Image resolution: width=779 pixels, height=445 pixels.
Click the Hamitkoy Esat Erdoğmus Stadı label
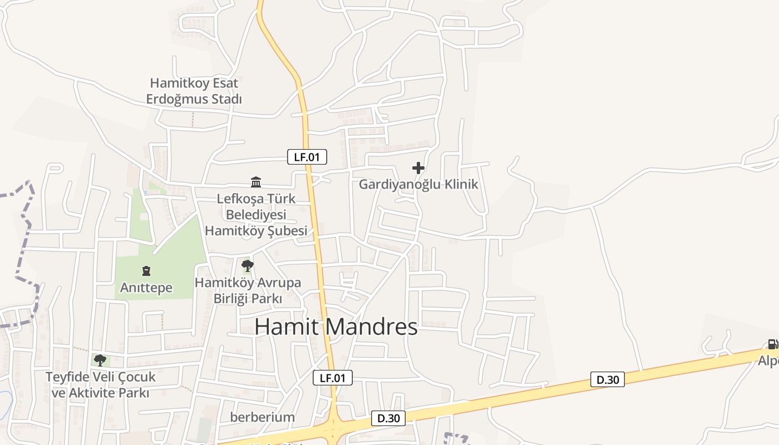coord(194,91)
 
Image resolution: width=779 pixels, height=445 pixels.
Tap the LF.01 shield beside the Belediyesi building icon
coord(307,157)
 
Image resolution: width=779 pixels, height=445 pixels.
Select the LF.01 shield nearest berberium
coord(333,378)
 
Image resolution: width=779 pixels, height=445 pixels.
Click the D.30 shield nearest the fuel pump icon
coord(607,380)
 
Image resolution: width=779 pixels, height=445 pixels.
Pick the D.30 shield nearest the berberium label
coord(388,418)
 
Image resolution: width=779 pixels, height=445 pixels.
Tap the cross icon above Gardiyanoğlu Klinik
coord(418,167)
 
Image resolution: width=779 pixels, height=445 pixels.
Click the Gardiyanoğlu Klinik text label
coord(418,185)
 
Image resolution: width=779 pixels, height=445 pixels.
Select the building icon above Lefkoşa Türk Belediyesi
coord(256,182)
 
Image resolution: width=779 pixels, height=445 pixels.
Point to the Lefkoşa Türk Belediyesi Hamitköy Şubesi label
coord(256,215)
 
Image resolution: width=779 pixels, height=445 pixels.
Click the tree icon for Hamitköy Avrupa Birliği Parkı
coord(248,265)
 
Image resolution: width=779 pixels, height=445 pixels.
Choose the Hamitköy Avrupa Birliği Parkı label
coord(248,290)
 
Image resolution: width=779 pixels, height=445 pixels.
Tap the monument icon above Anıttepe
coord(146,271)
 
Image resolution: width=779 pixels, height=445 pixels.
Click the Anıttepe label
coord(146,288)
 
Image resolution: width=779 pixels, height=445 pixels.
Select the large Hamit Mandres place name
coord(336,327)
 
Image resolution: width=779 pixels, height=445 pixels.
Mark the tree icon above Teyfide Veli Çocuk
coord(100,360)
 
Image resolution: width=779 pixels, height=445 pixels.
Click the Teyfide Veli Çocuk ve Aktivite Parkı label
coord(100,384)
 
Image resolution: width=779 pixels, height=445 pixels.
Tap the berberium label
coord(263,417)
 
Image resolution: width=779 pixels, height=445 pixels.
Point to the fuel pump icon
coord(772,344)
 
